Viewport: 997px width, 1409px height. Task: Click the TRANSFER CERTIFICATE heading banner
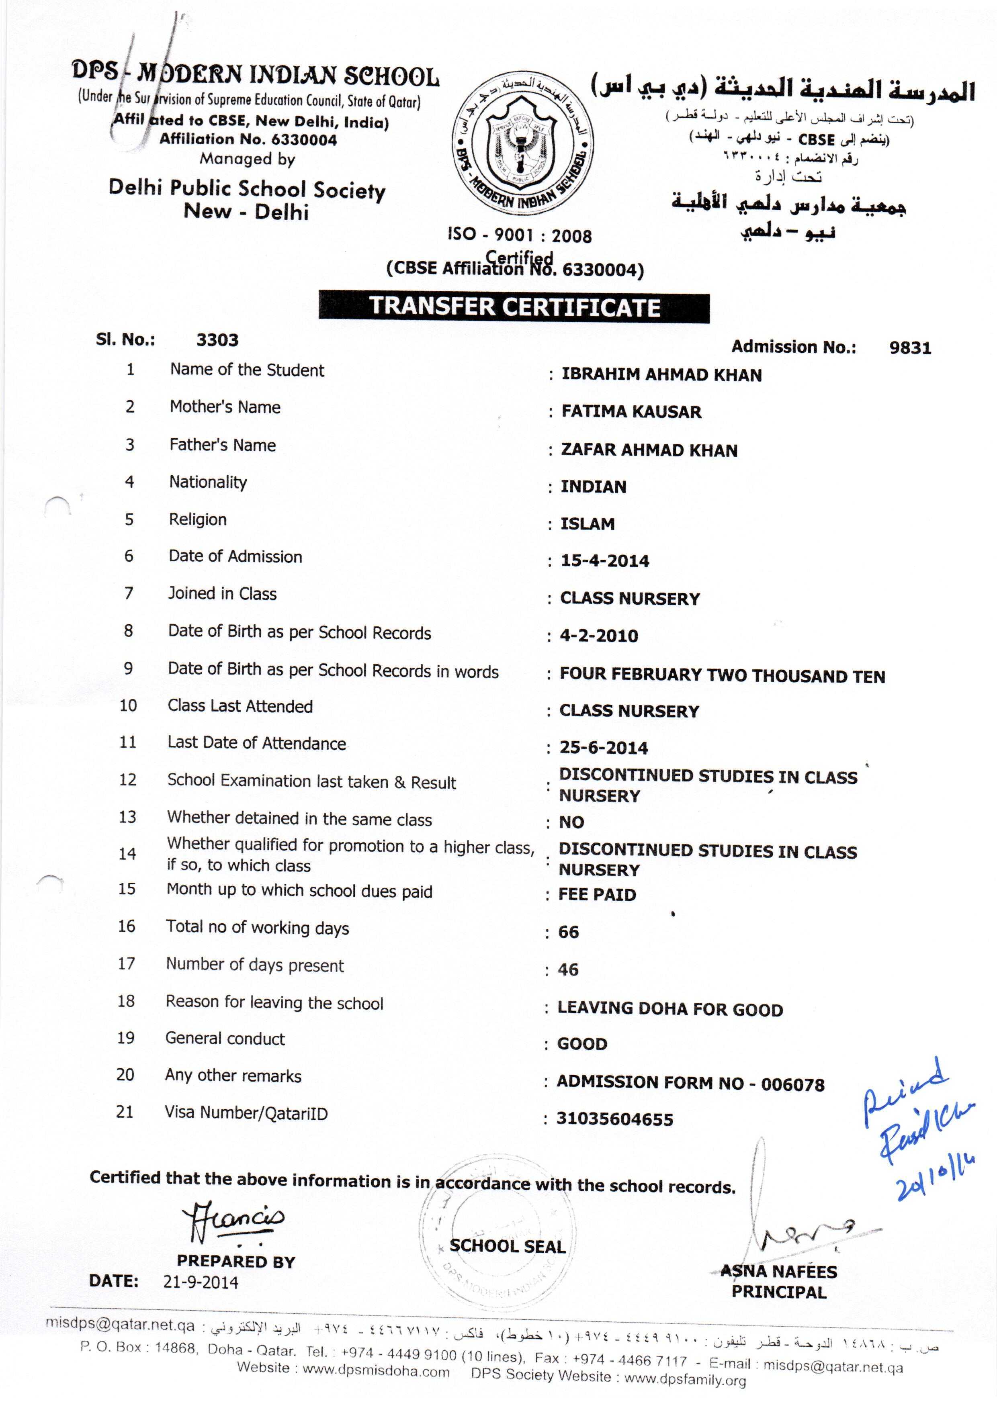coord(514,307)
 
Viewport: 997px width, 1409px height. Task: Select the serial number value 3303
coord(217,340)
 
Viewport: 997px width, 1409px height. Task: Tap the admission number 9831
coord(910,348)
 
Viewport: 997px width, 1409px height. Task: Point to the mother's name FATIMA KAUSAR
coord(631,412)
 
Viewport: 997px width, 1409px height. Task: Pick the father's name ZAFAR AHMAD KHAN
coord(649,450)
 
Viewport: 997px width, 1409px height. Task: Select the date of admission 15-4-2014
coord(605,561)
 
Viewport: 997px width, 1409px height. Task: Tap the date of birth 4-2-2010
coord(599,636)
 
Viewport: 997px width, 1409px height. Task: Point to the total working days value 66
coord(569,932)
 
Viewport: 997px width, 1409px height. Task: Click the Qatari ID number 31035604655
coord(614,1119)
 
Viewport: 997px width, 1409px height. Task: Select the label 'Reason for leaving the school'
coord(274,1003)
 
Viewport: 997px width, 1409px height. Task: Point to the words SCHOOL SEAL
coord(507,1246)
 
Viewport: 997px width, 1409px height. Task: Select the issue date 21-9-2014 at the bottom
coord(201,1282)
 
